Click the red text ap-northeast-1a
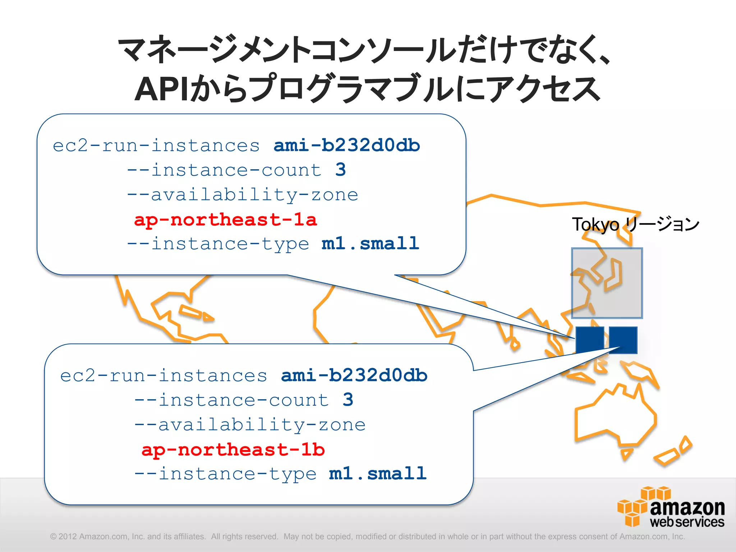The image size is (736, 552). point(225,220)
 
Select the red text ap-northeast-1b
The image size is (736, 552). point(233,450)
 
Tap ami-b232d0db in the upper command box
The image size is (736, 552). point(347,146)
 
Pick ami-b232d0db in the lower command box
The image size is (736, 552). point(354,376)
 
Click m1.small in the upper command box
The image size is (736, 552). point(370,244)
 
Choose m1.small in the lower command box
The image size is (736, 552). point(378,474)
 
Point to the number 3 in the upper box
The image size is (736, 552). point(341,170)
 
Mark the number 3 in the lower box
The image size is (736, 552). point(348,400)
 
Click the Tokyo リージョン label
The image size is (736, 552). point(635,224)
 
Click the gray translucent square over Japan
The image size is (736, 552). point(607,283)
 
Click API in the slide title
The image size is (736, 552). point(161,89)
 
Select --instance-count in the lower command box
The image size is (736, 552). point(232,400)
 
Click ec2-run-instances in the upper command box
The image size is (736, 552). point(156,146)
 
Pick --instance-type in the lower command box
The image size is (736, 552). point(226,474)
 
